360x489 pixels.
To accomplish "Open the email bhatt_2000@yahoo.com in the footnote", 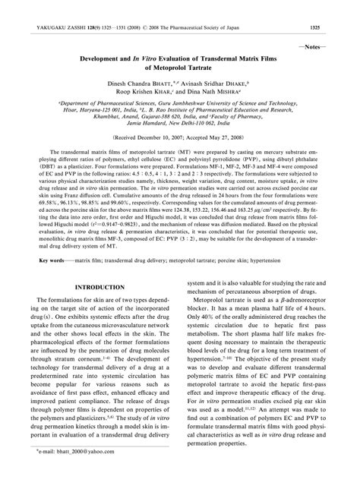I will click(75, 472).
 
